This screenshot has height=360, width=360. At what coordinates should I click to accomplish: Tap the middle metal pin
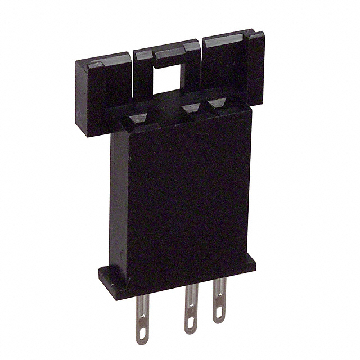pos(191,307)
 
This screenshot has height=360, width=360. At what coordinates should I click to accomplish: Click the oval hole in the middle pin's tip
pos(191,323)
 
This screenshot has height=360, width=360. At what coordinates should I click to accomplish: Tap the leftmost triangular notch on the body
pos(138,118)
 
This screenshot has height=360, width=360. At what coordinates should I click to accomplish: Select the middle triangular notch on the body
pos(192,107)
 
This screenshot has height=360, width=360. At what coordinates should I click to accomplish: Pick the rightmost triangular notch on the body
pos(217,103)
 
